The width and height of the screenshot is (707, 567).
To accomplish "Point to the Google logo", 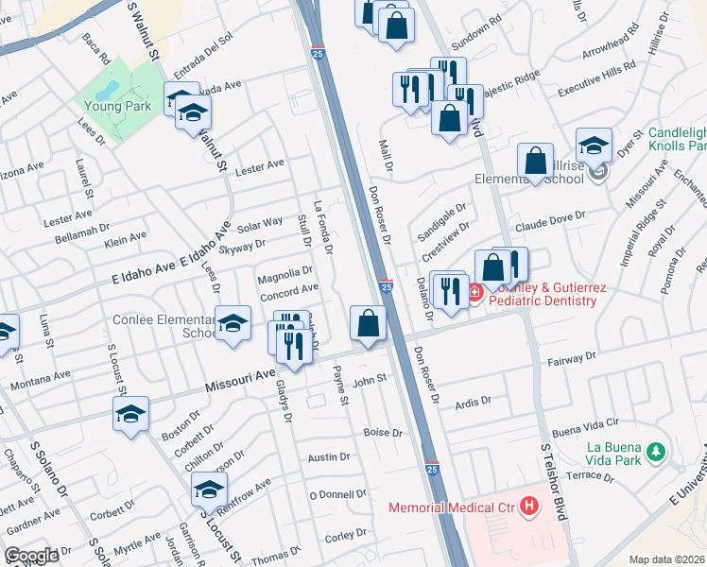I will coord(31,555).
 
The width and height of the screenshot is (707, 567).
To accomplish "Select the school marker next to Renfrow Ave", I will coord(209,489).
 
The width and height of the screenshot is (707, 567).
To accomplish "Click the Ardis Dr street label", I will coord(473,401).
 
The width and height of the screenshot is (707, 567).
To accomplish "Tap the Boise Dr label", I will coord(383,433).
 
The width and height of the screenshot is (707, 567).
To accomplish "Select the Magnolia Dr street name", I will coord(279,273).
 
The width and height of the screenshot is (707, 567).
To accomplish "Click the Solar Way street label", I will coord(260,224).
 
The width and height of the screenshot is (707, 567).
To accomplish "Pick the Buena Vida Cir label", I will coord(586,425).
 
